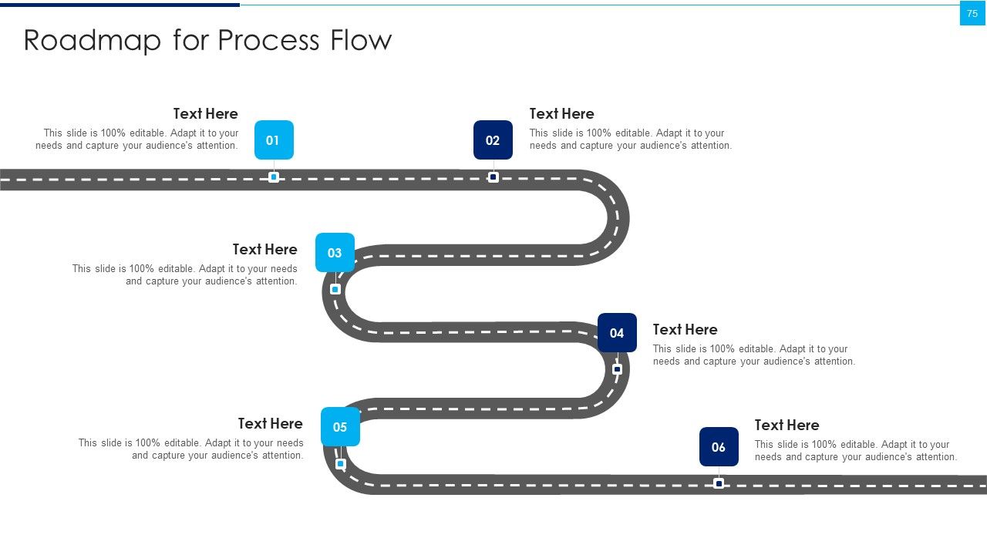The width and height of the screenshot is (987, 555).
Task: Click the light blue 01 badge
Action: click(x=274, y=140)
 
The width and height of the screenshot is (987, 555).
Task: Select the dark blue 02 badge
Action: click(x=493, y=140)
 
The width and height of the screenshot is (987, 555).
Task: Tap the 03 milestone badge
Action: click(x=335, y=252)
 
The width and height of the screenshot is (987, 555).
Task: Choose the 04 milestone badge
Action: click(x=617, y=332)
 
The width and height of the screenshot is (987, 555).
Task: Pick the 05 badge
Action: click(x=340, y=426)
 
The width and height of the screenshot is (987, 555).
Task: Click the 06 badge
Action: click(x=719, y=446)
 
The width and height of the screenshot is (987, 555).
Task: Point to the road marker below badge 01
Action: click(x=274, y=177)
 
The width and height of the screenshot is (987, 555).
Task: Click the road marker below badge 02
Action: click(x=493, y=177)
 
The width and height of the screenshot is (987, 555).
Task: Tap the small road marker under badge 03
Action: click(x=335, y=289)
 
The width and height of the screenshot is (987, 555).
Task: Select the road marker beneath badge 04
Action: click(x=618, y=369)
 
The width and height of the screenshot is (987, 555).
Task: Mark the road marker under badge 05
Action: click(x=340, y=464)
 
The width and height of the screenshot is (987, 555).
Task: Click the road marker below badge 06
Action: click(x=719, y=483)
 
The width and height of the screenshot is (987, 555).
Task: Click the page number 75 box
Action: click(x=972, y=13)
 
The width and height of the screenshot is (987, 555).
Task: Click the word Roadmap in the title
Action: click(x=92, y=41)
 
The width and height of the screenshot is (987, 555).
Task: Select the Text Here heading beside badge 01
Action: click(x=205, y=113)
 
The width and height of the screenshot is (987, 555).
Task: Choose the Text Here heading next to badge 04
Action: click(x=685, y=329)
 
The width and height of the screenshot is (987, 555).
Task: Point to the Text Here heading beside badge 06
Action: click(x=787, y=425)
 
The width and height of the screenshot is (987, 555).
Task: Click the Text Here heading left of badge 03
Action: click(x=264, y=249)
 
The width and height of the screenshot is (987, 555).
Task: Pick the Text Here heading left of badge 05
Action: click(x=270, y=423)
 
